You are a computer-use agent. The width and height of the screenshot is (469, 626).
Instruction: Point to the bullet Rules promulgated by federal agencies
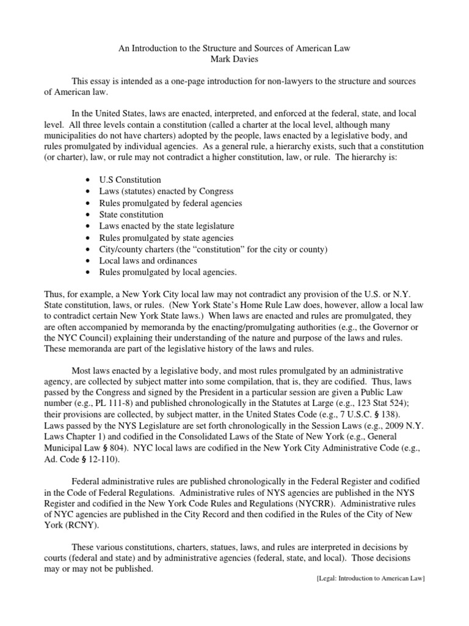click(x=170, y=203)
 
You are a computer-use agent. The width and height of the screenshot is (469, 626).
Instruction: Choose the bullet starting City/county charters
click(x=205, y=249)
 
